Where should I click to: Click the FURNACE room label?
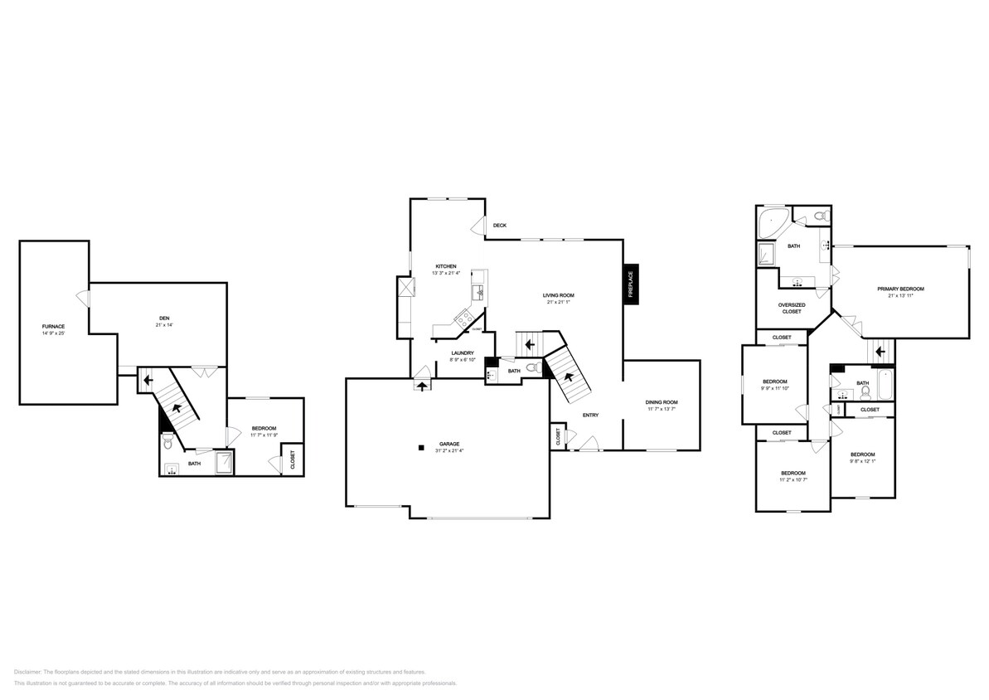click(53, 327)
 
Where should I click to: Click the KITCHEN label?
click(444, 266)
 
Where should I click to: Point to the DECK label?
click(500, 226)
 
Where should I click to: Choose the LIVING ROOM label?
click(559, 295)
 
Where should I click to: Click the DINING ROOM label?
click(662, 402)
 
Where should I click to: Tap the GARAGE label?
click(449, 444)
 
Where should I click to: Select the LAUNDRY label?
click(463, 352)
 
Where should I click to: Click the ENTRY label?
click(590, 415)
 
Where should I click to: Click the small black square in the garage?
click(421, 448)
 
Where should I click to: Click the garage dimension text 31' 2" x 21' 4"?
click(449, 451)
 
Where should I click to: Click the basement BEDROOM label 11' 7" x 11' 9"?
click(264, 428)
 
